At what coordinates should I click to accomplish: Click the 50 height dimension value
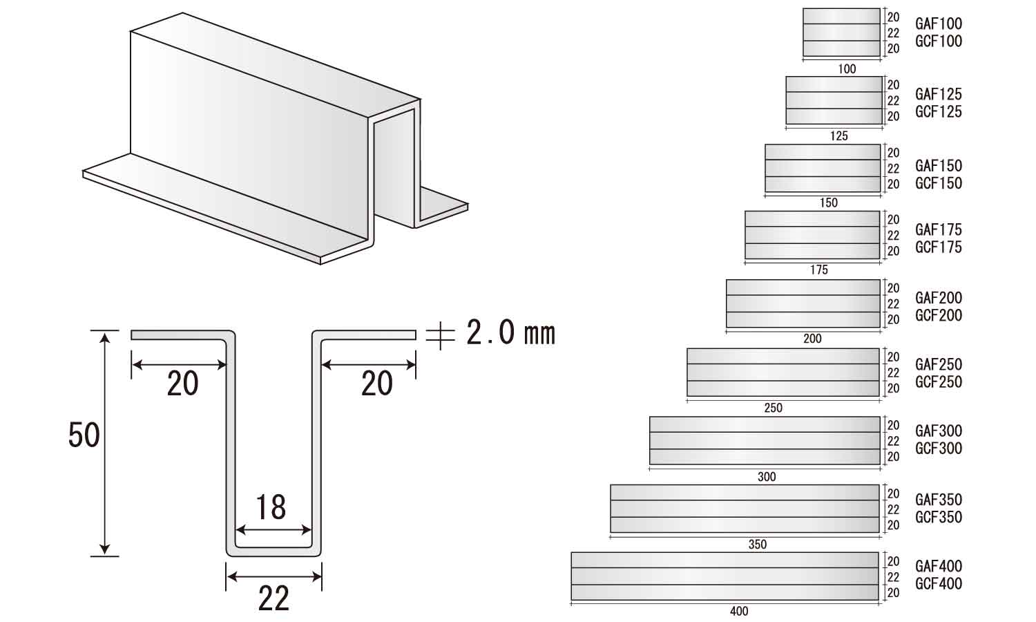[84, 435]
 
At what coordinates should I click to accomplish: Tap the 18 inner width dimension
[271, 507]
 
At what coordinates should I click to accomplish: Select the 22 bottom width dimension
[274, 599]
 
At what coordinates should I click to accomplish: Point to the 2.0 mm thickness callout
[510, 332]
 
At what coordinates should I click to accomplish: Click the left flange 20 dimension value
[183, 383]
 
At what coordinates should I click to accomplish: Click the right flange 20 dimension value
[377, 383]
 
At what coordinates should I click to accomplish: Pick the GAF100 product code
[939, 23]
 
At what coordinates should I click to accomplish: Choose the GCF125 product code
[939, 111]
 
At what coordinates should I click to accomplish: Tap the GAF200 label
[939, 298]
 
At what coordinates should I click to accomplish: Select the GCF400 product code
[939, 583]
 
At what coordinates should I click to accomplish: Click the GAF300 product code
[939, 431]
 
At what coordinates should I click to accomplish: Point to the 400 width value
[738, 612]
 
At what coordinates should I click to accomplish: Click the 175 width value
[818, 270]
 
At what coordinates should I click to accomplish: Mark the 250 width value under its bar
[774, 408]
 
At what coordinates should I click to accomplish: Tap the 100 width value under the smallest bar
[847, 69]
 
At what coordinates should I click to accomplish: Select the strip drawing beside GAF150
[823, 168]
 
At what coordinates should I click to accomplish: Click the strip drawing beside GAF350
[745, 509]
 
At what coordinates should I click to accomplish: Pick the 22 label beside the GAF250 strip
[893, 373]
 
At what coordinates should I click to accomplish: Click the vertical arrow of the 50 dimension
[105, 444]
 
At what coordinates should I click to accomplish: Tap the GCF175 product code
[939, 247]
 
